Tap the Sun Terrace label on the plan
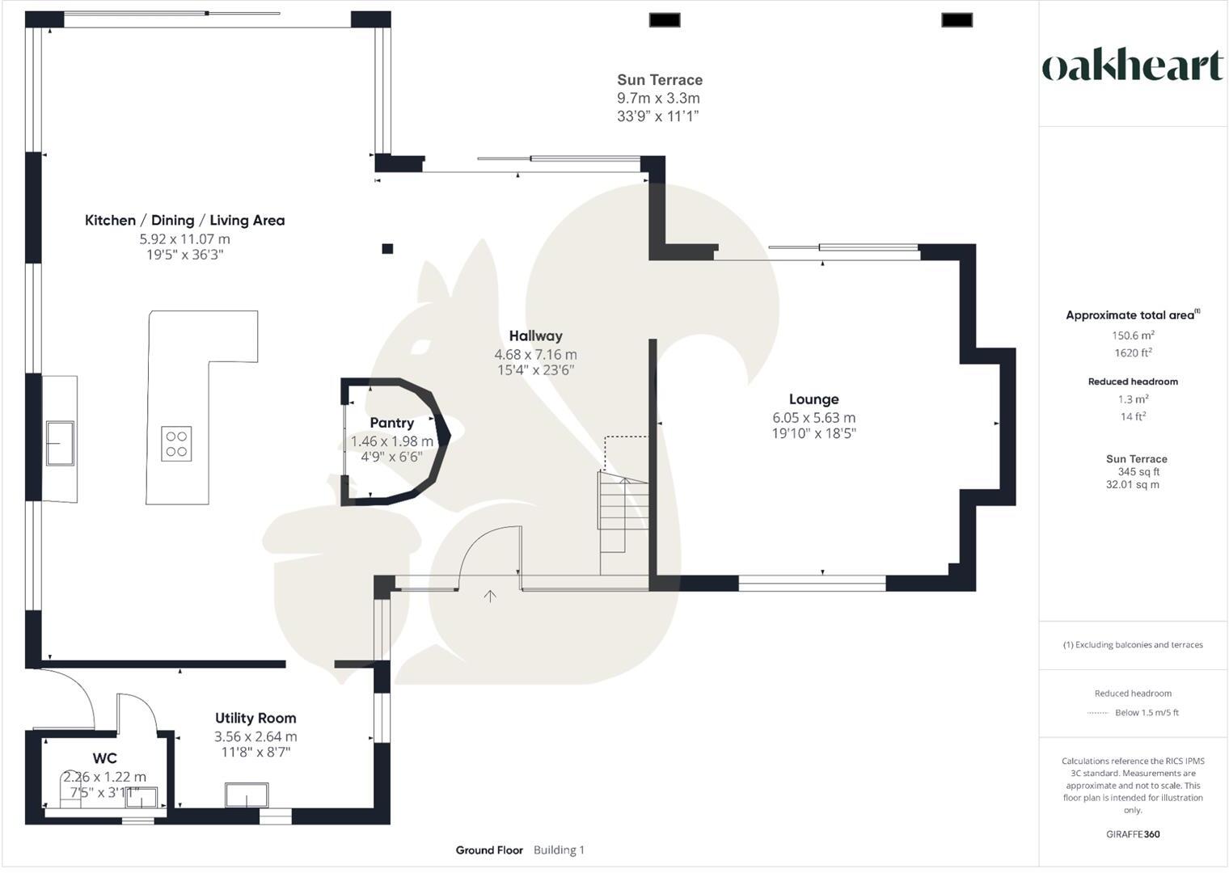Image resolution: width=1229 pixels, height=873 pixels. point(660,80)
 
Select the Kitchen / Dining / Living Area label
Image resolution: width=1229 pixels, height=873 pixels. point(184,221)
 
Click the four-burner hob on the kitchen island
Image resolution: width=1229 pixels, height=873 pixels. point(176,444)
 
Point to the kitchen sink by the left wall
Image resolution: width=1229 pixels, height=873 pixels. point(60,443)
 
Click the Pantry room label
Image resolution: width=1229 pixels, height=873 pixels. point(391,423)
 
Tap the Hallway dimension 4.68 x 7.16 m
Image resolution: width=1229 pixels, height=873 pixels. point(535,355)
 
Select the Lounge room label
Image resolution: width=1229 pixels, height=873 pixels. point(813,399)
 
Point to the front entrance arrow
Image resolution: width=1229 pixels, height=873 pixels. point(490,597)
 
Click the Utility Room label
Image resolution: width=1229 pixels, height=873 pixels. point(256,718)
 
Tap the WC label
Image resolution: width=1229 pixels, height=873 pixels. point(105,758)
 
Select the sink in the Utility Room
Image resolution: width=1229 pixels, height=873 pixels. point(247,795)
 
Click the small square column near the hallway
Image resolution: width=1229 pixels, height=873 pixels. point(387,249)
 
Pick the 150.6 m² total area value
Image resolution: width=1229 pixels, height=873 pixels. point(1133,335)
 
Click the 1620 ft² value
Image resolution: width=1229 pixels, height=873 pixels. point(1133,352)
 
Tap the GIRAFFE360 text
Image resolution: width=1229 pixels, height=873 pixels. point(1133,834)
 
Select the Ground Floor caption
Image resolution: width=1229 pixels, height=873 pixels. point(489,850)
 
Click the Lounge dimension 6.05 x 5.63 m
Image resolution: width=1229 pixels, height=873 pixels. point(813,418)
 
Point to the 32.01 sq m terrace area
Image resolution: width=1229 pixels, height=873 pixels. point(1133,485)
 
